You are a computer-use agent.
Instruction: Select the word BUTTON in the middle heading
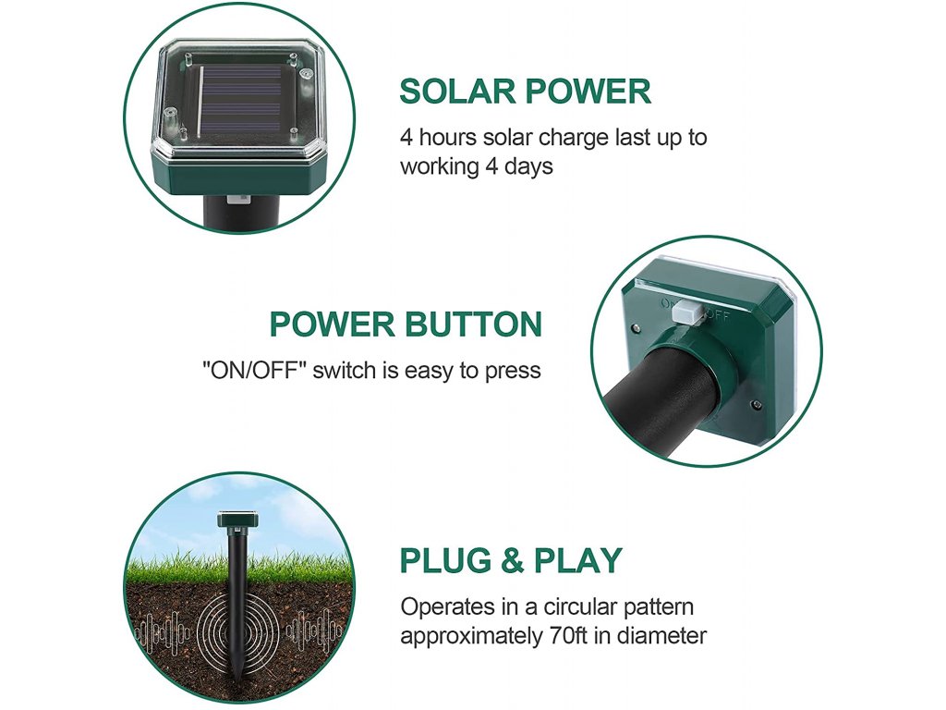(x=474, y=324)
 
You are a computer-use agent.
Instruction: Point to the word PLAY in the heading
(x=577, y=560)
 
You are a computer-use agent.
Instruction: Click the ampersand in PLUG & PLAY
(x=512, y=560)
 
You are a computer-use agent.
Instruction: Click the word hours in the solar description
(x=447, y=137)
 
